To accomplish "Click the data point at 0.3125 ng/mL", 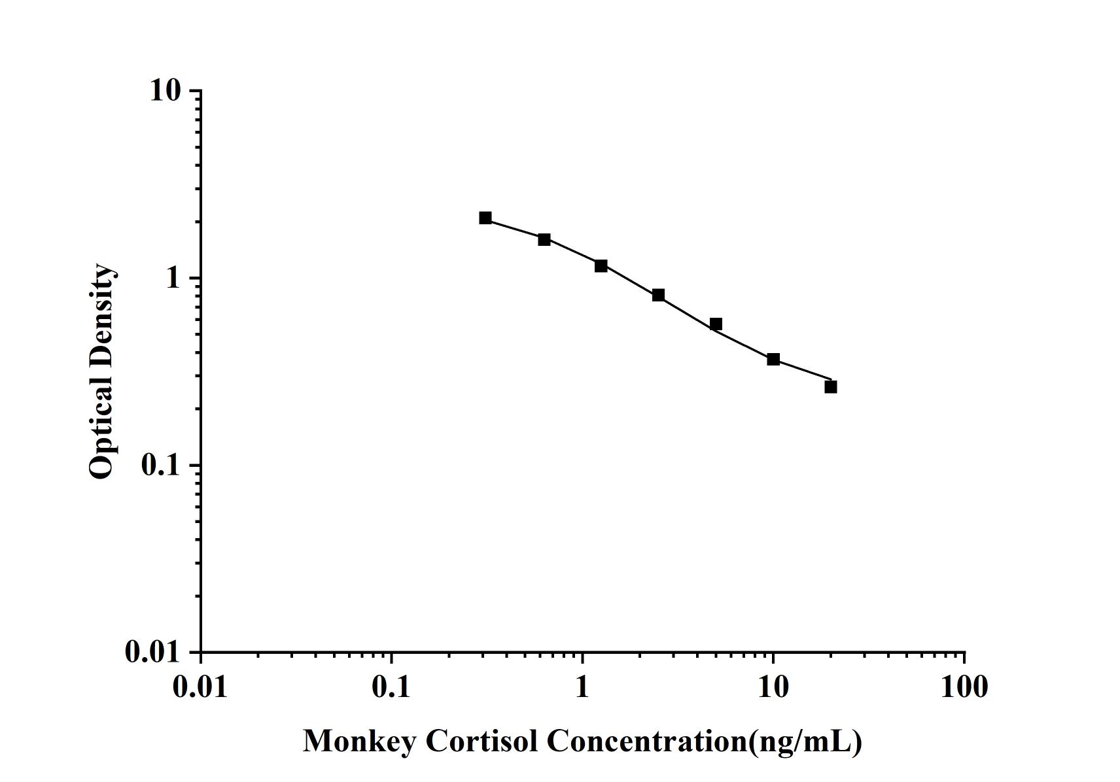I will pos(485,218).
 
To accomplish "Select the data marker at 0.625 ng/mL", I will pos(544,239).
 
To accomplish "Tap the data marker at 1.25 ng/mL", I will pos(601,265).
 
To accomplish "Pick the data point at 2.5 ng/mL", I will pos(658,295).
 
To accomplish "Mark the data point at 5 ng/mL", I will pos(716,324).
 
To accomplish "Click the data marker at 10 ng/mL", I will pos(773,359).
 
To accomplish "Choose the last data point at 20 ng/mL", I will pos(831,386).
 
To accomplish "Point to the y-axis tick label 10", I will pos(165,90).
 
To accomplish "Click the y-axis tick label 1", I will pos(173,278).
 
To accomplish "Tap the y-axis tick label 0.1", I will pos(160,465).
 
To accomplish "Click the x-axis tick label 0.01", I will pos(200,687).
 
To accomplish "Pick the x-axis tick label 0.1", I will pos(391,687).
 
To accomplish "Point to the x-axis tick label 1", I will pos(582,687).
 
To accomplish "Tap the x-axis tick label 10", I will pos(773,687).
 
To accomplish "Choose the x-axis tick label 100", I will pos(964,687).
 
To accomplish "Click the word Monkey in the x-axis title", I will pos(359,741).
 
